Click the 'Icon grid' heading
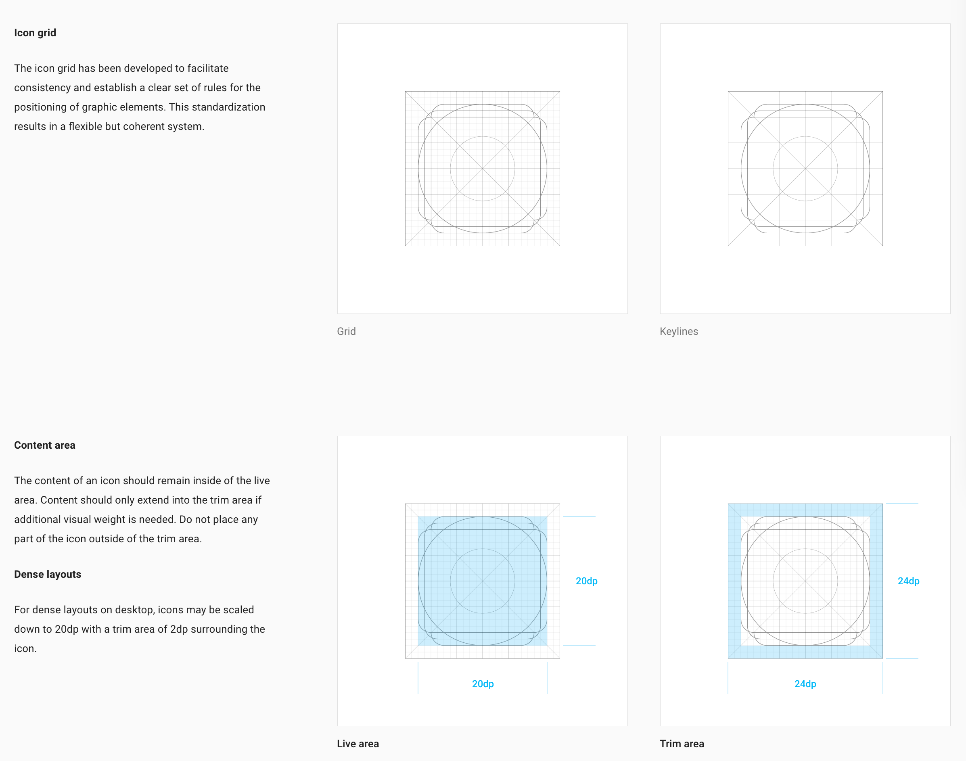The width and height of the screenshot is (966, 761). click(x=35, y=33)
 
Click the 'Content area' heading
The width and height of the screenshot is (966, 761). click(x=44, y=445)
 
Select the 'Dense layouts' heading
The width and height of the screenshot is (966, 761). click(x=48, y=574)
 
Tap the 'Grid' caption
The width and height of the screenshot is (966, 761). click(x=346, y=332)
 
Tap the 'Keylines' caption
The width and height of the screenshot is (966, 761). click(x=679, y=332)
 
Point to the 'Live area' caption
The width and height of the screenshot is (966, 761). click(x=358, y=744)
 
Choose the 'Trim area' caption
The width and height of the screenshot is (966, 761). click(x=682, y=744)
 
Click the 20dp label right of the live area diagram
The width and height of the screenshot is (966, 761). click(x=586, y=581)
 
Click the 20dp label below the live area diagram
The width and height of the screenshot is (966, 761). click(x=483, y=684)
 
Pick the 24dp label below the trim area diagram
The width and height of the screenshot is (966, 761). click(x=805, y=684)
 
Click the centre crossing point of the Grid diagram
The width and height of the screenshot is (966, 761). click(x=483, y=169)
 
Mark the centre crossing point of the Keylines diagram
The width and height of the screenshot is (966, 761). click(x=805, y=169)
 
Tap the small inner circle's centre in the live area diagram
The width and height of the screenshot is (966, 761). click(x=483, y=581)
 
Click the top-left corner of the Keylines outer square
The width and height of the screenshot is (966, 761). click(x=728, y=91)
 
